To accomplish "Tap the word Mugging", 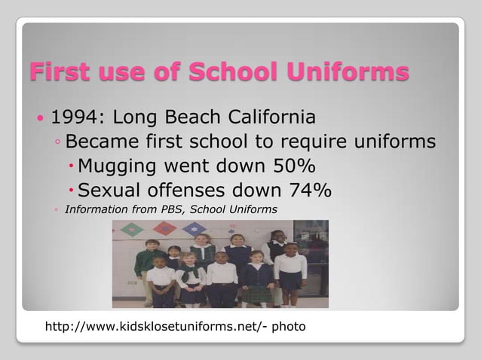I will [117, 166].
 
